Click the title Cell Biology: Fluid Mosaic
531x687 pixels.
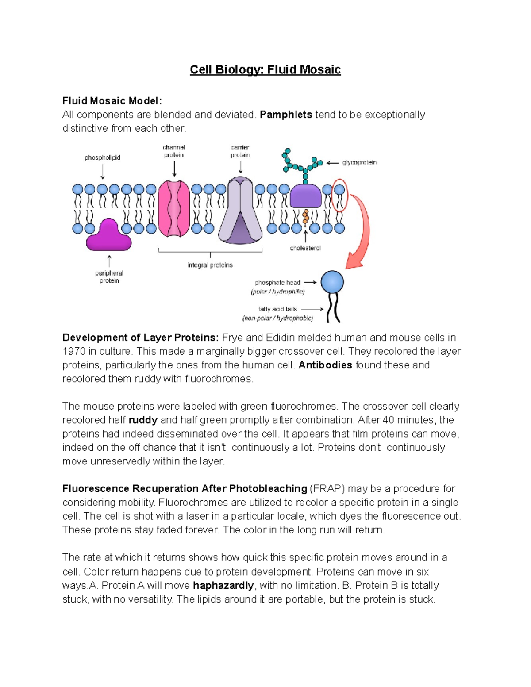tap(265, 69)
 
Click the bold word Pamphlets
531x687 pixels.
tap(286, 115)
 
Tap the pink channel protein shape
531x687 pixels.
tap(174, 208)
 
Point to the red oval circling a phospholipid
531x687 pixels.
tap(340, 195)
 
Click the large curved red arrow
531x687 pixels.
tap(361, 234)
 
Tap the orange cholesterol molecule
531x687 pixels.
tap(305, 217)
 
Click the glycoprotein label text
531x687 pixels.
tap(359, 162)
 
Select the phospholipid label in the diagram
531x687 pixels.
tap(102, 157)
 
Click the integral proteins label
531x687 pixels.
tap(210, 265)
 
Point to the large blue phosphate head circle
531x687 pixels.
tap(332, 282)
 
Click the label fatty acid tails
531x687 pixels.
tap(278, 309)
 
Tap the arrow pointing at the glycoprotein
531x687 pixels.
tap(332, 163)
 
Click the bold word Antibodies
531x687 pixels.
tap(325, 365)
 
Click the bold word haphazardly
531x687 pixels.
tap(223, 585)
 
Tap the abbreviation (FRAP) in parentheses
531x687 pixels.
tap(327, 488)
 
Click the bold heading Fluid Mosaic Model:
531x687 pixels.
tap(112, 101)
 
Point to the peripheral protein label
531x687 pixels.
tap(109, 277)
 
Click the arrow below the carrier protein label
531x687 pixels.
tap(240, 167)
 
